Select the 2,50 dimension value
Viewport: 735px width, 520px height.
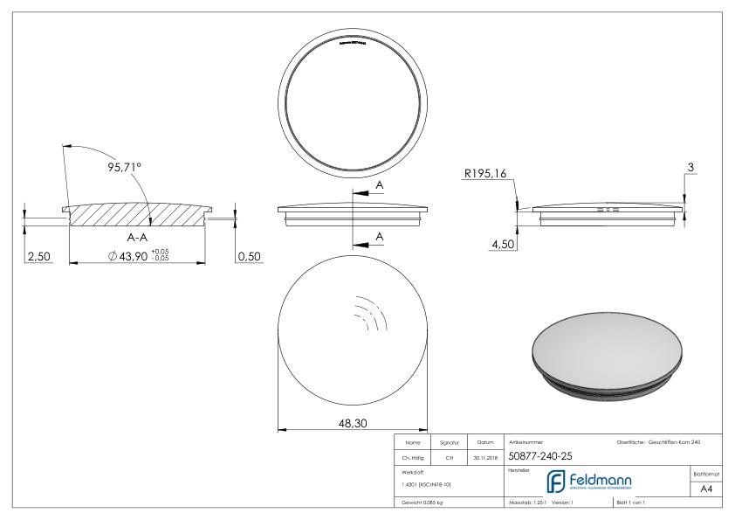[39, 256]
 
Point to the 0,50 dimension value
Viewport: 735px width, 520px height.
[249, 256]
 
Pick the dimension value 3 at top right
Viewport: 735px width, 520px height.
[691, 166]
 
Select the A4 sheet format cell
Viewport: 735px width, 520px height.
[707, 490]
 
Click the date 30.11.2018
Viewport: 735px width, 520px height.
[484, 455]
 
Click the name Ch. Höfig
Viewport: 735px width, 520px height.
[413, 455]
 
